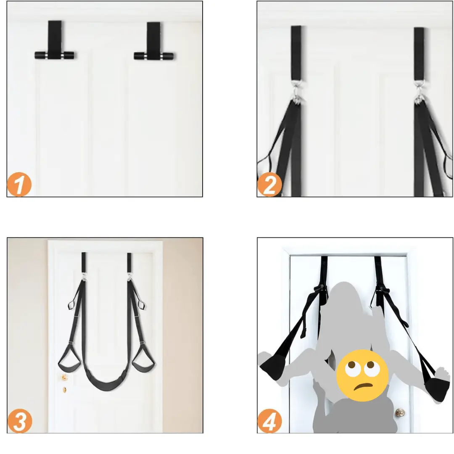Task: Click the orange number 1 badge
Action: [x=19, y=185]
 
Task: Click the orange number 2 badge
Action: [x=269, y=185]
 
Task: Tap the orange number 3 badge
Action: [x=20, y=421]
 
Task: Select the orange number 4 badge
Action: [x=269, y=421]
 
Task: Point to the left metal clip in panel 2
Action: [x=297, y=92]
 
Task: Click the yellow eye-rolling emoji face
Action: [x=362, y=375]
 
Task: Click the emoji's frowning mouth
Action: [x=364, y=386]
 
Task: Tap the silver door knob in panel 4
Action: [x=400, y=412]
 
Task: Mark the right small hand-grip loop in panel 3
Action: [x=141, y=304]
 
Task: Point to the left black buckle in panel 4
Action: [x=319, y=288]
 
